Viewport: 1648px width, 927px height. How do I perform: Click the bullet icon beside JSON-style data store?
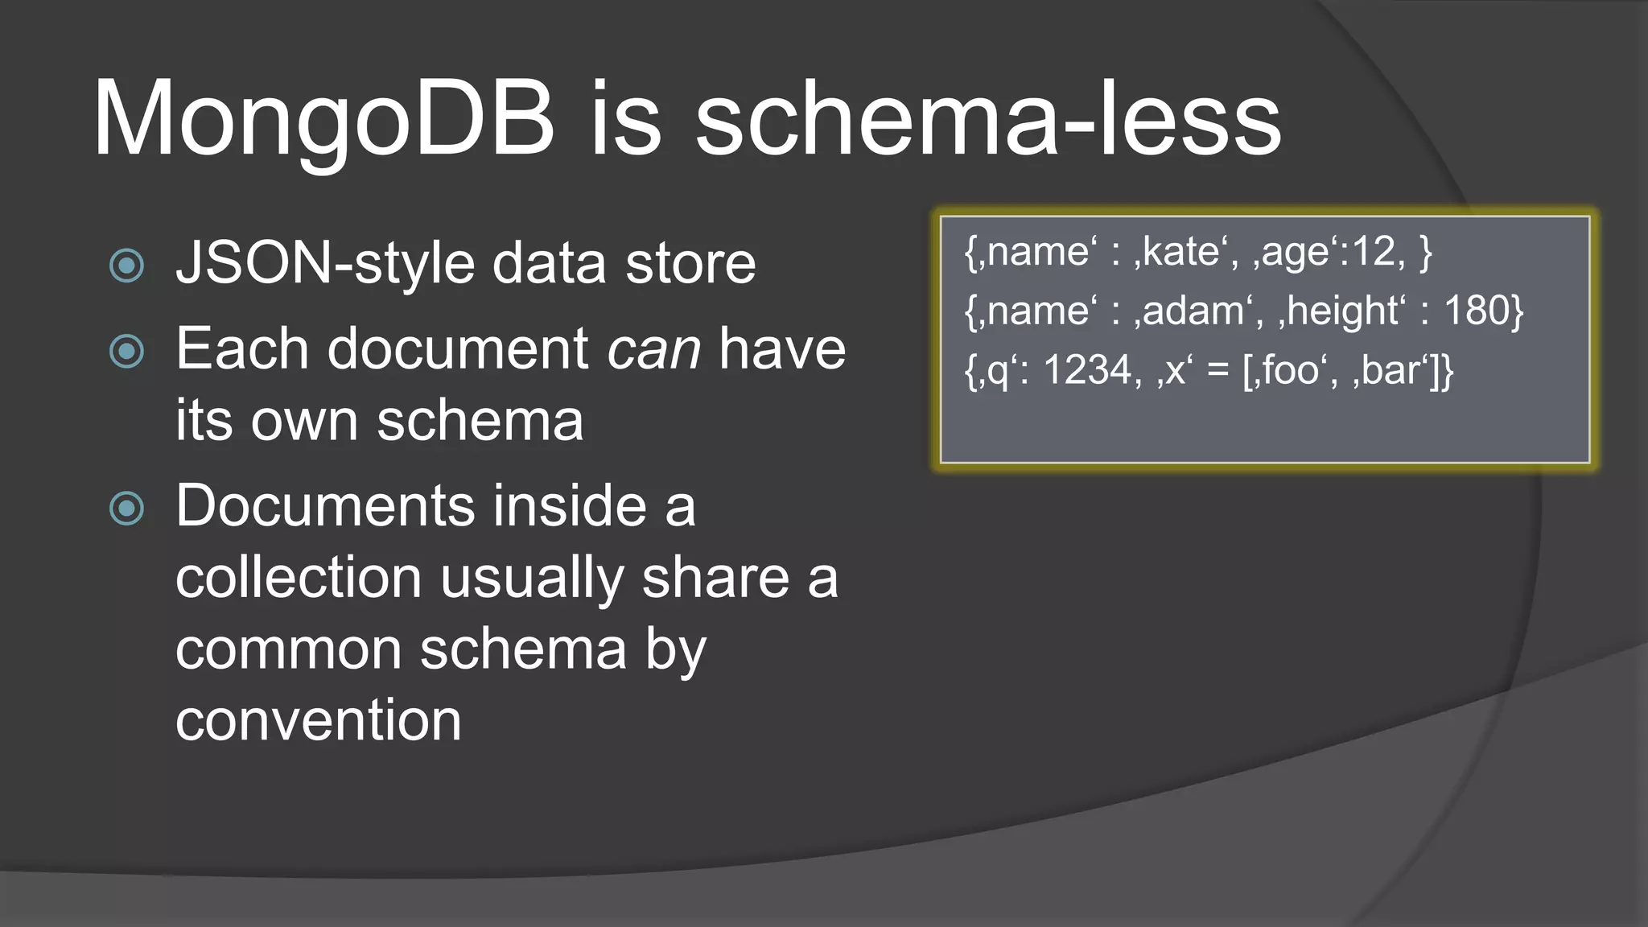[x=126, y=266]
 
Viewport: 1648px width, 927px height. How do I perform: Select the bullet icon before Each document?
[x=126, y=351]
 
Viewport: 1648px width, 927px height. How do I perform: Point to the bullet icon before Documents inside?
[x=126, y=508]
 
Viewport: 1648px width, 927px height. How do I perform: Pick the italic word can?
[x=653, y=351]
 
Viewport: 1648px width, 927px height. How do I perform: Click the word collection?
[x=299, y=578]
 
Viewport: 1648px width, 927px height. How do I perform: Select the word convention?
[x=319, y=719]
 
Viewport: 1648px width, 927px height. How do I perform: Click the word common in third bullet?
[x=288, y=649]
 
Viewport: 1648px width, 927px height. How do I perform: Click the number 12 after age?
[x=1373, y=252]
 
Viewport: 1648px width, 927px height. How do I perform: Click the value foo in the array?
[x=1290, y=371]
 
